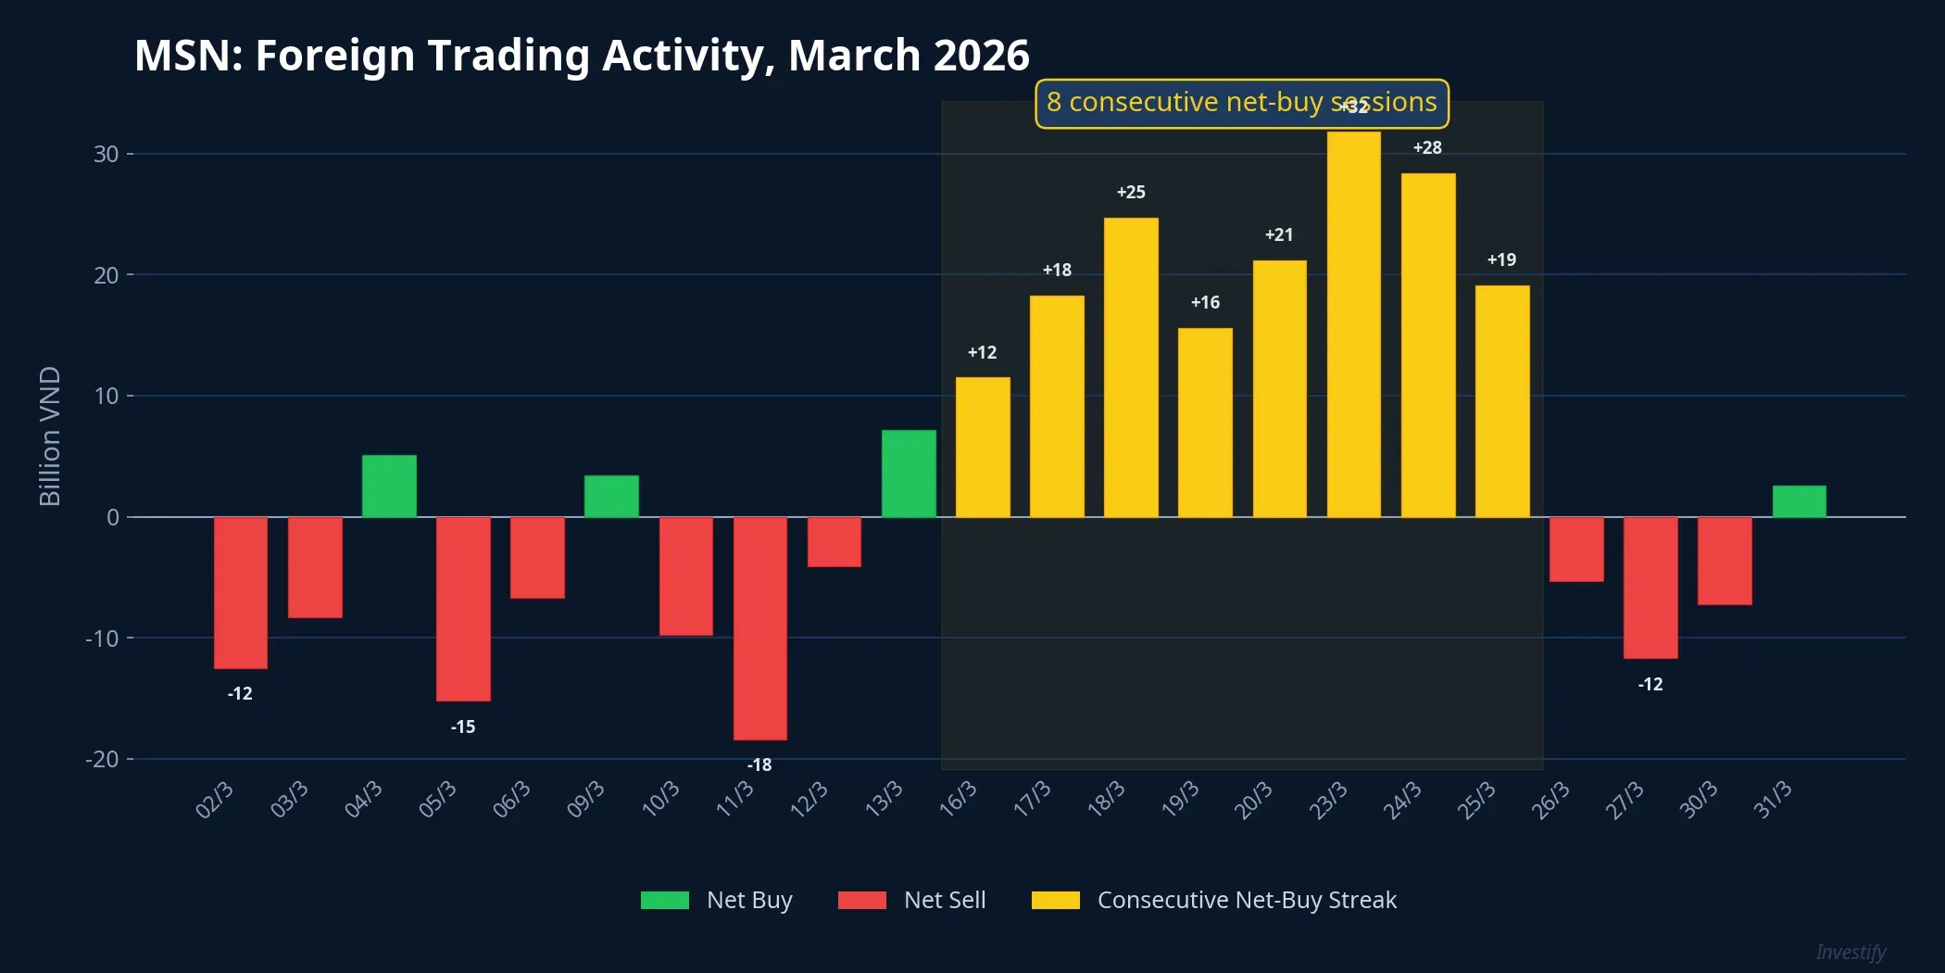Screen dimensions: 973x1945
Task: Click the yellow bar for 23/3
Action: coord(1353,324)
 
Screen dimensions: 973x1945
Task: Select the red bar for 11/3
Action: coord(759,628)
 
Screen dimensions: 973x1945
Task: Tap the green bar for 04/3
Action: coord(389,486)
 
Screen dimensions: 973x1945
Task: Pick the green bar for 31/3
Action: coord(1799,501)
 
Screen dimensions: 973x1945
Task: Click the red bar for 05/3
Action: coord(463,609)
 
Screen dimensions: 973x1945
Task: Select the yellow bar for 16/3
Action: coord(983,447)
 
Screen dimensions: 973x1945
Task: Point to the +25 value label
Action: coord(1131,192)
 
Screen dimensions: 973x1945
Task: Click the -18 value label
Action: coord(759,764)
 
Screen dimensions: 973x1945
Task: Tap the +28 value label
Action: coord(1427,147)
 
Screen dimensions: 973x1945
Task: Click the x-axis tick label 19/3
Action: coord(1181,799)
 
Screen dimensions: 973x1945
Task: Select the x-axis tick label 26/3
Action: coord(1551,799)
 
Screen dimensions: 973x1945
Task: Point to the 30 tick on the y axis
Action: coord(107,154)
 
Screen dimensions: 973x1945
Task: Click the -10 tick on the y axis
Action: coord(103,638)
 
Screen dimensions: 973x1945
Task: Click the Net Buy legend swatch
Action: coord(664,900)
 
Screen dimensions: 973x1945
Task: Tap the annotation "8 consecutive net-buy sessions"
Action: coord(1241,102)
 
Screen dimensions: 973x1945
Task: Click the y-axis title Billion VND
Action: coord(50,436)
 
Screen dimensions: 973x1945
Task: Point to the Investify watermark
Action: coord(1850,952)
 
